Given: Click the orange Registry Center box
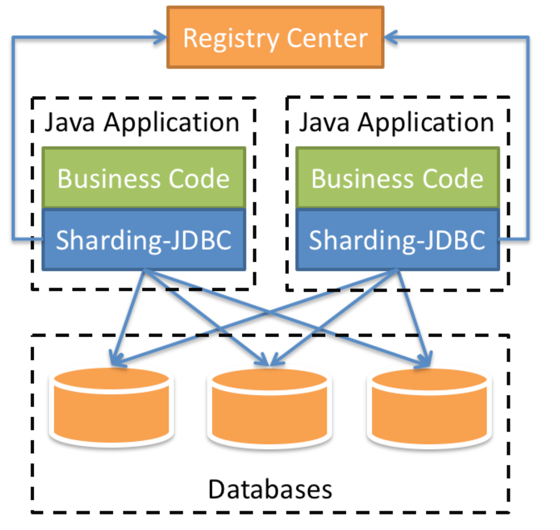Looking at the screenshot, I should coord(275,37).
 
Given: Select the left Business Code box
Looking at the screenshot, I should coord(143,178).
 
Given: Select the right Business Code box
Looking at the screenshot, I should coord(397,178).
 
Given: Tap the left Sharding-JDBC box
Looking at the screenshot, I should coord(143,240).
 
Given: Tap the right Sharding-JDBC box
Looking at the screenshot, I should coord(397,240).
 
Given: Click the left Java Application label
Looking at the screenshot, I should coord(142,123).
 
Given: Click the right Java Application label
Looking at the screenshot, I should coord(396,123).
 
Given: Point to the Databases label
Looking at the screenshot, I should coord(270,489).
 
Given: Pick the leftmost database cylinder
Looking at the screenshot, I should coord(112,407).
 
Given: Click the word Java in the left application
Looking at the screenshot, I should coord(70,123).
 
